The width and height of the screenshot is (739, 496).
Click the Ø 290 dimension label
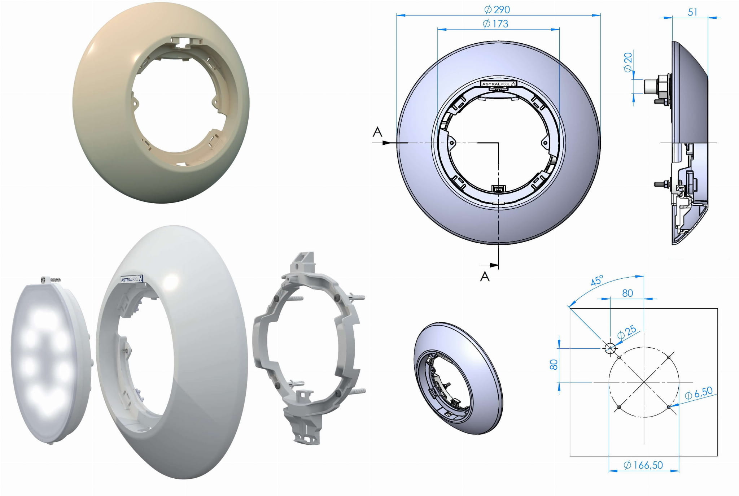pos(497,9)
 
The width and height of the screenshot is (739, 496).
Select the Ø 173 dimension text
pos(495,24)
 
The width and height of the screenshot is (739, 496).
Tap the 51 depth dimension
pos(692,12)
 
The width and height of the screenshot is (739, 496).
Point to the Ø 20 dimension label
pos(628,62)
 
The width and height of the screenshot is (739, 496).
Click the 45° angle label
pos(597,280)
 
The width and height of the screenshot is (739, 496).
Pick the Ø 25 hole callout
pos(626,332)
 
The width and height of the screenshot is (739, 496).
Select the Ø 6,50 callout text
pos(699,393)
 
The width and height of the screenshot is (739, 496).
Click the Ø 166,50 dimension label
pos(643,465)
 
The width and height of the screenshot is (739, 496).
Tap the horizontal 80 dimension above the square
pos(628,293)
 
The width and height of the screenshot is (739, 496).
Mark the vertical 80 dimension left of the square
pos(554,365)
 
